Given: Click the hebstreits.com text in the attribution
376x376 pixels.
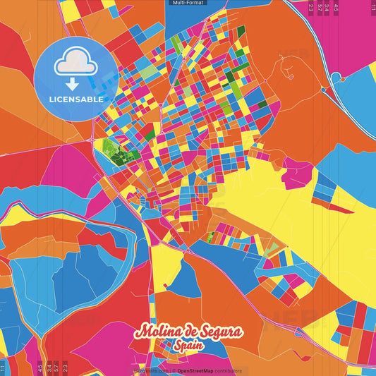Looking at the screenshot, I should pyautogui.click(x=147, y=370).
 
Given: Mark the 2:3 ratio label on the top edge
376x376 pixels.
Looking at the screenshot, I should pyautogui.click(x=311, y=7).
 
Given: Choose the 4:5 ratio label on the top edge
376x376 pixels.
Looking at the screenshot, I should pyautogui.click(x=336, y=7).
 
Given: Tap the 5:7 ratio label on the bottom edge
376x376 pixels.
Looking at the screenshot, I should pyautogui.click(x=56, y=367).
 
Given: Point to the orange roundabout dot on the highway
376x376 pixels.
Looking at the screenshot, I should pyautogui.click(x=323, y=90).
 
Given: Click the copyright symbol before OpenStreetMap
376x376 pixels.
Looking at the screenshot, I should pyautogui.click(x=174, y=370).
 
